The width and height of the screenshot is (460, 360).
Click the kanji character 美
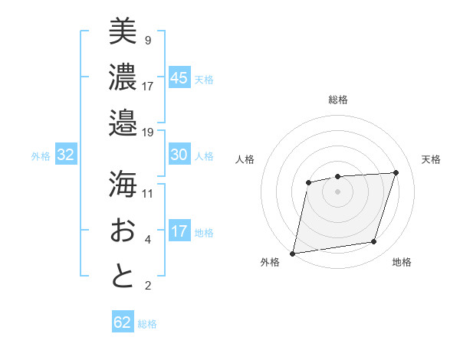(123, 32)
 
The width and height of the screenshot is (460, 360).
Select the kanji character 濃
(123, 77)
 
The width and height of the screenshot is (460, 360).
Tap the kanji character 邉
(123, 123)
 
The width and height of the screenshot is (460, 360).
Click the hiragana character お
(123, 230)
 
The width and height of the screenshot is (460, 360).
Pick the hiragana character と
(123, 276)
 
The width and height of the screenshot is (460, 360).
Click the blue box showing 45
(179, 77)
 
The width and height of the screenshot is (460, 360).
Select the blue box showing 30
(179, 155)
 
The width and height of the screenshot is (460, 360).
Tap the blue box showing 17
(179, 231)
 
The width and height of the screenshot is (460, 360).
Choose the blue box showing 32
(66, 155)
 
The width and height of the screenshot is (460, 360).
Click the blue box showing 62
(123, 322)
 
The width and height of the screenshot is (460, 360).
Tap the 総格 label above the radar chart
(338, 100)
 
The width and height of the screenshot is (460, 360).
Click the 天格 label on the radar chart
(432, 159)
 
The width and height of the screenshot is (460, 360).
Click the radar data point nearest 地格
(374, 242)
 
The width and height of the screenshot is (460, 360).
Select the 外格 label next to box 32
(41, 155)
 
